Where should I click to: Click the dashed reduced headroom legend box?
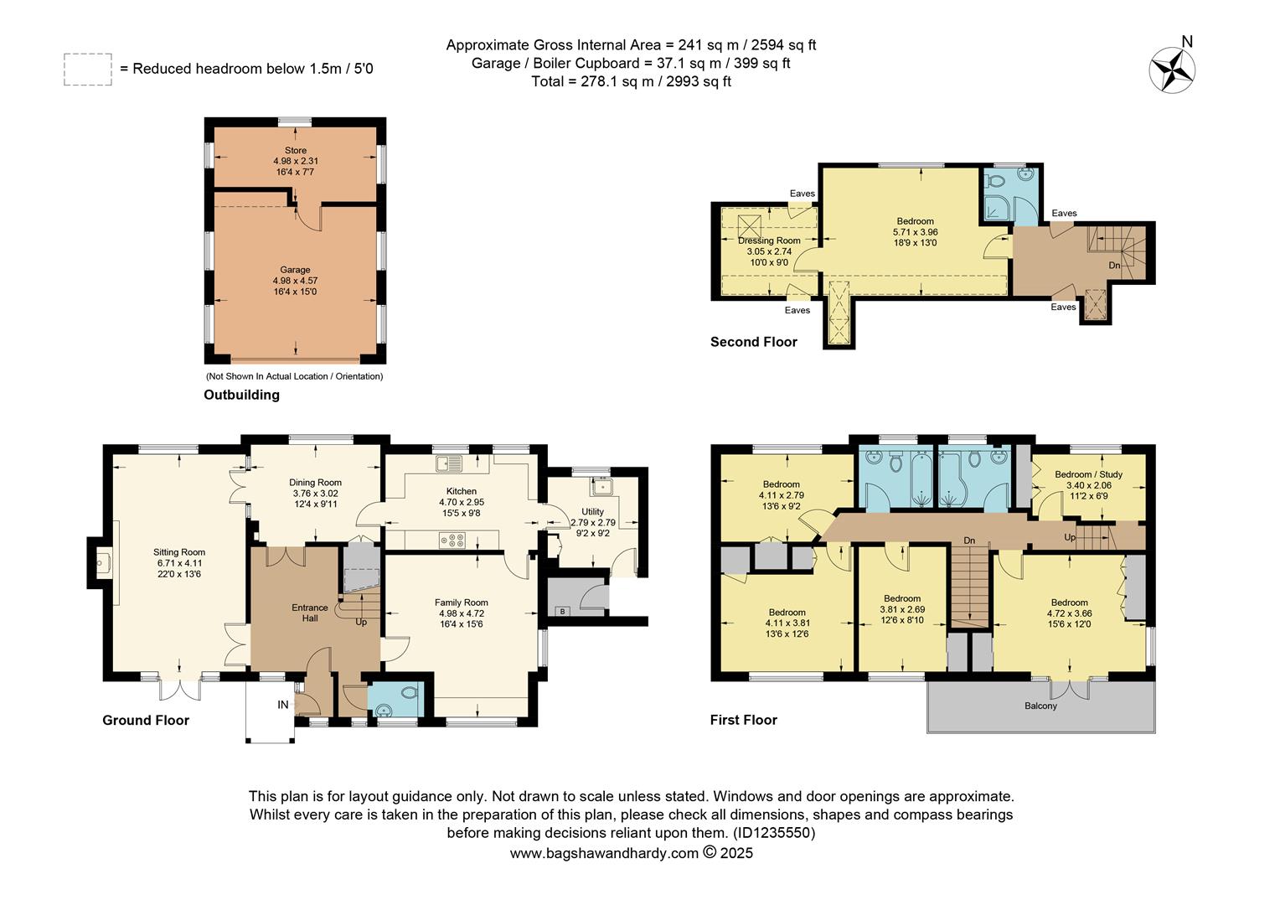click(x=87, y=70)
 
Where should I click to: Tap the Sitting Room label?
click(x=179, y=552)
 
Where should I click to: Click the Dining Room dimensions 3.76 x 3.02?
click(x=315, y=494)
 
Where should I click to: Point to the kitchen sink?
click(x=449, y=463)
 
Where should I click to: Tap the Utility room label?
click(x=592, y=511)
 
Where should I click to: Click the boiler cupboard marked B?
click(x=563, y=610)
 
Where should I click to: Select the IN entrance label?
click(x=283, y=705)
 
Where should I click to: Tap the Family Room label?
click(x=461, y=602)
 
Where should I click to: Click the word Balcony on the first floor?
click(x=1040, y=706)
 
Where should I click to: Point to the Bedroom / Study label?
click(x=1088, y=474)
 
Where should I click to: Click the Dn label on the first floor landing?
click(x=969, y=540)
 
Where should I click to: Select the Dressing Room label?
click(x=769, y=240)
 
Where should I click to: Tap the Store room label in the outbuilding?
click(x=295, y=151)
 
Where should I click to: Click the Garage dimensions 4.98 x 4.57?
click(x=295, y=281)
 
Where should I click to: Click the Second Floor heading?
click(x=753, y=342)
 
